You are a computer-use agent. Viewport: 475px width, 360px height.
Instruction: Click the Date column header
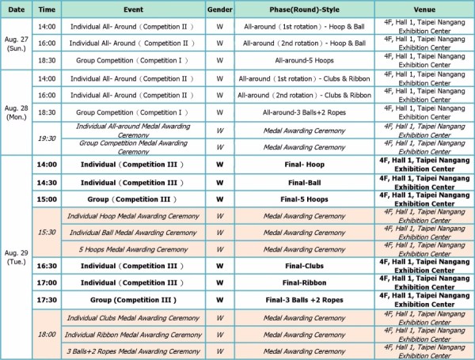pyautogui.click(x=17, y=9)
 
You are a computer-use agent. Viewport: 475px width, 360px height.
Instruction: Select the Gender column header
pyautogui.click(x=219, y=9)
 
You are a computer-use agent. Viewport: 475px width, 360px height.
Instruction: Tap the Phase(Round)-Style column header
pyautogui.click(x=304, y=9)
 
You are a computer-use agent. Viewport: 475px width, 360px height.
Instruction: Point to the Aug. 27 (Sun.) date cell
pyautogui.click(x=17, y=43)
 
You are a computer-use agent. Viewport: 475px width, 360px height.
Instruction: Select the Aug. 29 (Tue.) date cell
pyautogui.click(x=17, y=256)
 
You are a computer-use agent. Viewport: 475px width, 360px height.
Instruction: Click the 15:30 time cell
pyautogui.click(x=47, y=232)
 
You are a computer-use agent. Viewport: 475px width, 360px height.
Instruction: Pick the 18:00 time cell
pyautogui.click(x=47, y=335)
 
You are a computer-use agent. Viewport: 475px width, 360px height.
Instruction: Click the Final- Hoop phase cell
pyautogui.click(x=304, y=165)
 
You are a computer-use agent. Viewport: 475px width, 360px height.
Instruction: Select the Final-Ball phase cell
pyautogui.click(x=304, y=181)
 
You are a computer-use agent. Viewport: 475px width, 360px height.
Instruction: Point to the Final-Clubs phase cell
pyautogui.click(x=304, y=267)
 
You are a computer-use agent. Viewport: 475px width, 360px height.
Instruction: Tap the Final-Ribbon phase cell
pyautogui.click(x=304, y=283)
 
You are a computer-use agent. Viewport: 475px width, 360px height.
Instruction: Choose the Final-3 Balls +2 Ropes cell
pyautogui.click(x=304, y=301)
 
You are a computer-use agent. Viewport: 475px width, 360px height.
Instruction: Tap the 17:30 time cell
pyautogui.click(x=47, y=301)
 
